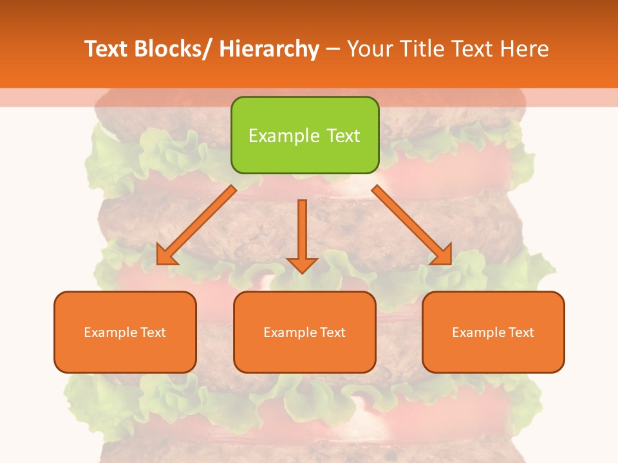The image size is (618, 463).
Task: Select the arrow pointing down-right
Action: [412, 225]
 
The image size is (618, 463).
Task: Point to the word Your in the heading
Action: [370, 49]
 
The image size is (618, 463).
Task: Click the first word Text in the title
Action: [107, 49]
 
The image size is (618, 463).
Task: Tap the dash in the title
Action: [333, 50]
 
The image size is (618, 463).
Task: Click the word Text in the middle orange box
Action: [332, 332]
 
